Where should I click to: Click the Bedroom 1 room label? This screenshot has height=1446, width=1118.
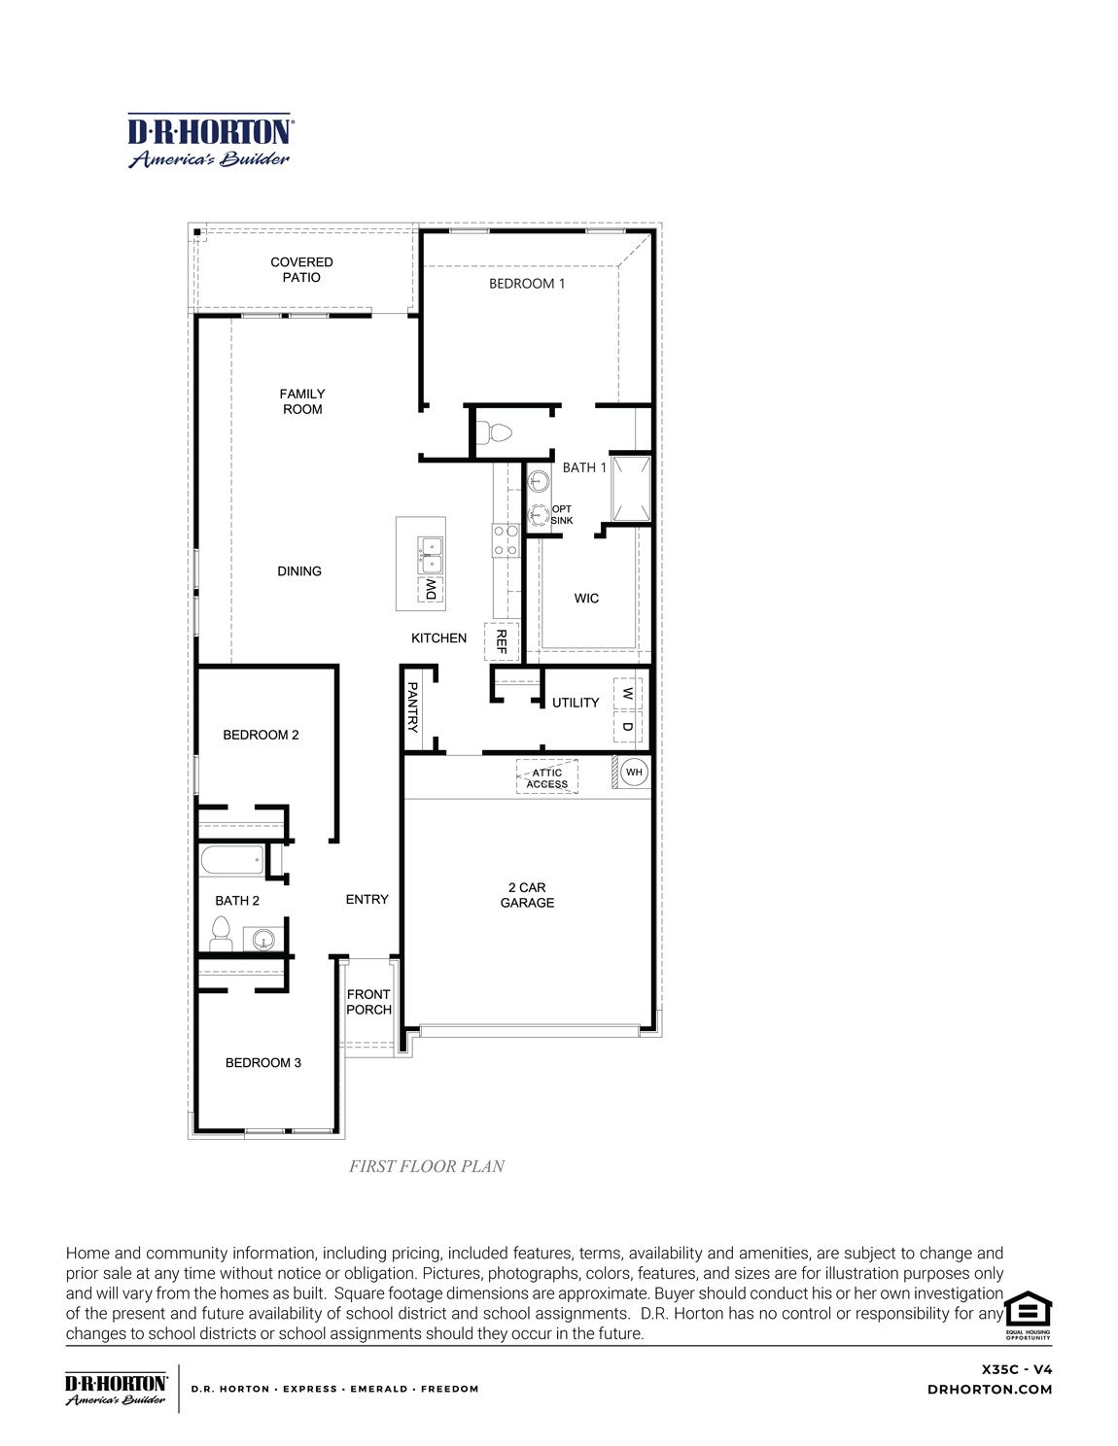(x=526, y=284)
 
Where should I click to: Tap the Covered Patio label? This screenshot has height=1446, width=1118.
(x=301, y=269)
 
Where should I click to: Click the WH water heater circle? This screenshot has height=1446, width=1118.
(x=634, y=773)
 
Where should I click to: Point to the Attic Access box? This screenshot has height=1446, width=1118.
(x=546, y=777)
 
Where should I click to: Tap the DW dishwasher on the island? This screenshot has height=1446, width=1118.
(x=430, y=590)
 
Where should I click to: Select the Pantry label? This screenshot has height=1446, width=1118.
(x=412, y=706)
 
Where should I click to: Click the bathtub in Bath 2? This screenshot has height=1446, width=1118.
(x=231, y=859)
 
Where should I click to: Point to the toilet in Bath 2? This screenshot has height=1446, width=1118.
(x=221, y=936)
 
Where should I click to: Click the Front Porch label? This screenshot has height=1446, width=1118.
(x=368, y=1002)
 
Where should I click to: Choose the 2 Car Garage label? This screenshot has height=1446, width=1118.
(x=527, y=895)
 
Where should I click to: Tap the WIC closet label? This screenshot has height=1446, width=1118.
(x=586, y=599)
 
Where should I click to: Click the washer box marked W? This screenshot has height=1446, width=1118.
(x=627, y=694)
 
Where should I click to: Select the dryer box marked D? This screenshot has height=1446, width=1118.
(x=627, y=726)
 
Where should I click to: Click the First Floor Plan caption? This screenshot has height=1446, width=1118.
(x=427, y=1166)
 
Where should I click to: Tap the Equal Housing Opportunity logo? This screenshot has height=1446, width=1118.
(x=1028, y=1315)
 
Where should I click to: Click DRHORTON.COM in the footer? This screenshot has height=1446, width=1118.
(x=990, y=1390)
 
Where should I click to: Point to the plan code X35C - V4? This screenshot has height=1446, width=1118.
(x=1016, y=1369)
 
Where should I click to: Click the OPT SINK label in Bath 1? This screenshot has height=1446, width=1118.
(x=562, y=515)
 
